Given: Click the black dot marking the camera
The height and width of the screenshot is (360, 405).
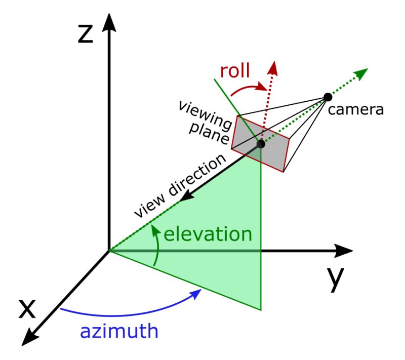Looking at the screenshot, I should point(328,97).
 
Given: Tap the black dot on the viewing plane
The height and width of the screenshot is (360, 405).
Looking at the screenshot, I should point(261,144).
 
